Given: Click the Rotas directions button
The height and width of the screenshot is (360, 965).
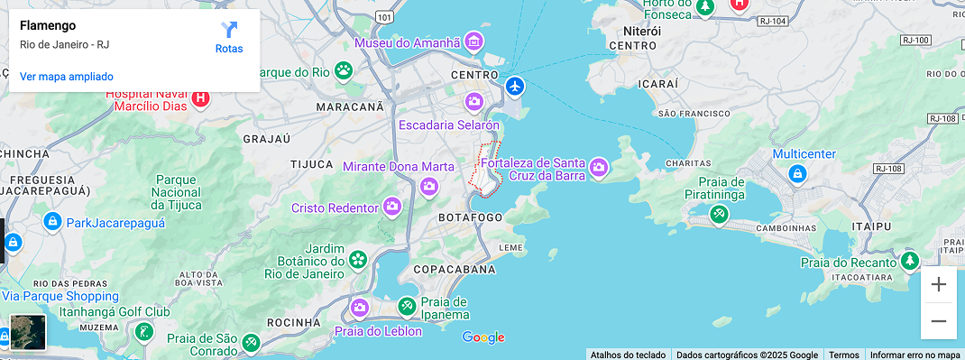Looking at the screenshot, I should point(229,37).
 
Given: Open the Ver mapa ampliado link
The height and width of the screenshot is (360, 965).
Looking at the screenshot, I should point(67,77).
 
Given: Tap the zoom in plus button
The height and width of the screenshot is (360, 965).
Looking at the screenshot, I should point(938,285).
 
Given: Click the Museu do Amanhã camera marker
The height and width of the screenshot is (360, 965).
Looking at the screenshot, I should point(474,42).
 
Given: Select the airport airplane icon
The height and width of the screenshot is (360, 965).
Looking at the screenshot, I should point(515,87).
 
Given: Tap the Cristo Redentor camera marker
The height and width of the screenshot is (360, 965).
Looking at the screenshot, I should point(392,207).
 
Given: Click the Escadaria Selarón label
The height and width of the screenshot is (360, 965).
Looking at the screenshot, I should point(448,125).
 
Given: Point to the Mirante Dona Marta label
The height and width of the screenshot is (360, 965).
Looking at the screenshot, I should point(398,167).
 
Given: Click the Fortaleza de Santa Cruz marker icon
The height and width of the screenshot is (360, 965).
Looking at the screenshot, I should point(598,167).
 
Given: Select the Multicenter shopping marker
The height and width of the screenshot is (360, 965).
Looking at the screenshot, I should point(796,172).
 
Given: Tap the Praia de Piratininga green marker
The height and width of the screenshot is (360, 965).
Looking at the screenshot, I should point(719,215).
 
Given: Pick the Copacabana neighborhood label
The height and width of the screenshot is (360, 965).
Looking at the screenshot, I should point(454,270).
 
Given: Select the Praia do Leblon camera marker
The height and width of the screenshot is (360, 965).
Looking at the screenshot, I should point(360,308).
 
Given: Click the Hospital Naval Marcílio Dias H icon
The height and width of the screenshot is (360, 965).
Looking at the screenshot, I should point(201,98).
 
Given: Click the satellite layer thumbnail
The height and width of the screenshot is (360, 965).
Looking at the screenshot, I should point(28,332).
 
